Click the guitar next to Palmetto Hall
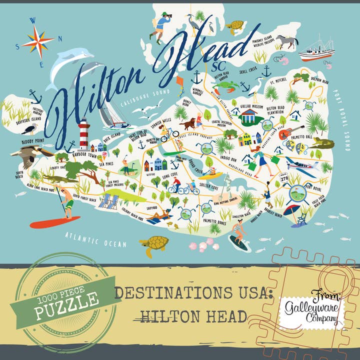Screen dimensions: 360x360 285,133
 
